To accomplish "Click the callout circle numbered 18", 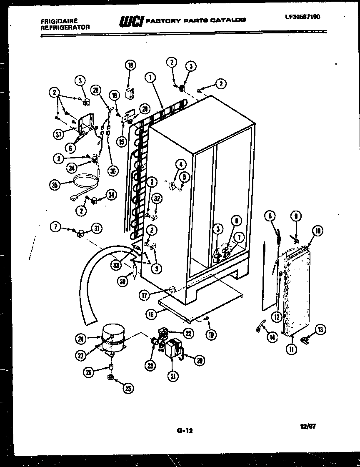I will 130,65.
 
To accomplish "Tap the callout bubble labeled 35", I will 54,185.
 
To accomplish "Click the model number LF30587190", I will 302,17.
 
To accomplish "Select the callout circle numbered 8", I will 270,216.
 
